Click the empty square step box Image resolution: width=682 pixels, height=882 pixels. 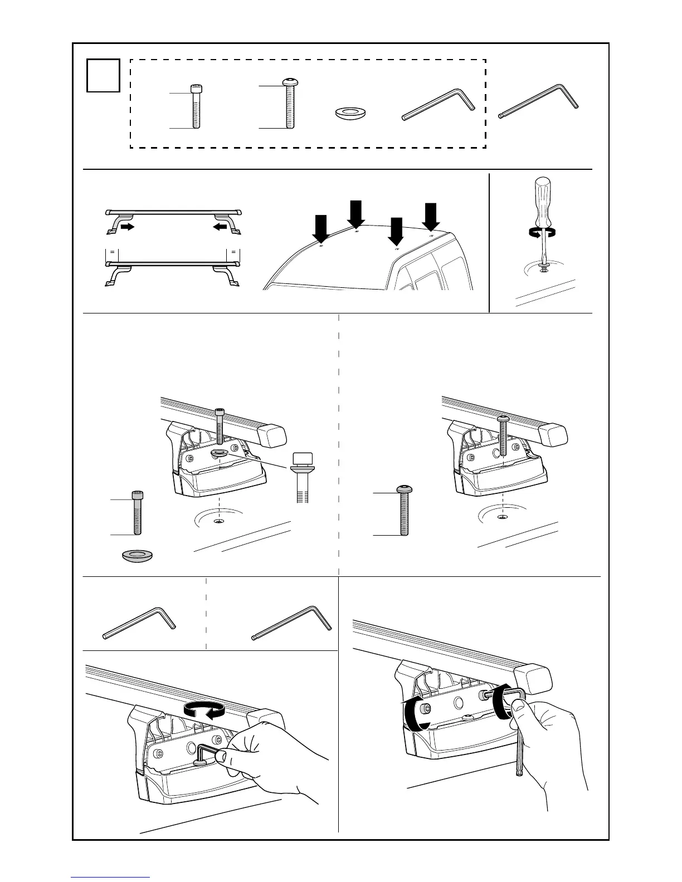click(104, 75)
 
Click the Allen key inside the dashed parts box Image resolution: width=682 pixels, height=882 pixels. click(439, 104)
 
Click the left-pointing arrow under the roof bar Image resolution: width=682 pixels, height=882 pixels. click(220, 227)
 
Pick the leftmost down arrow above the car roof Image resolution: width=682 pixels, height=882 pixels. click(321, 229)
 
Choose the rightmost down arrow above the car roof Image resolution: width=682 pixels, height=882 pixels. click(431, 217)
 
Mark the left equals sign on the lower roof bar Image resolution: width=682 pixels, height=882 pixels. click(113, 252)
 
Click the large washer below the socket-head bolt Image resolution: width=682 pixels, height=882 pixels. click(138, 555)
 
